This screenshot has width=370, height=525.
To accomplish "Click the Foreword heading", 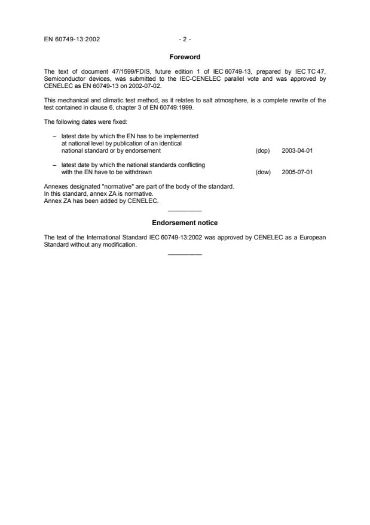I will (185, 57).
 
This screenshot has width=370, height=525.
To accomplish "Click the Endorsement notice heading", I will (185, 224).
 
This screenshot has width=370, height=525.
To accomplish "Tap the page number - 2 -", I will (185, 40).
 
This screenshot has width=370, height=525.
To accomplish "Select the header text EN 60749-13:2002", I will (72, 40).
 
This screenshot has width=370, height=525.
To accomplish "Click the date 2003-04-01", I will (297, 151).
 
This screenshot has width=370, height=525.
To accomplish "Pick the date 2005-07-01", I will (297, 172).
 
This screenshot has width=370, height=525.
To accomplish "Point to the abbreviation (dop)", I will (262, 151).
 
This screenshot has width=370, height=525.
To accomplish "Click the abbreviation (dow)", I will (263, 172).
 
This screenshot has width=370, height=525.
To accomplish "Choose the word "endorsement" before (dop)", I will (145, 151).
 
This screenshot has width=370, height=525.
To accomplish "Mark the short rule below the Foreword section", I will (185, 211).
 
